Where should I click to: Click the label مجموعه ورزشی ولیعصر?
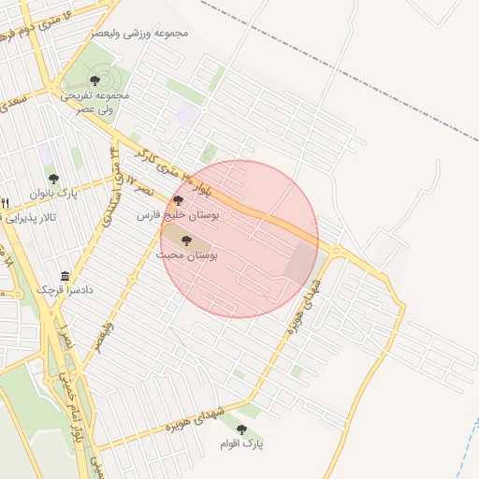140,34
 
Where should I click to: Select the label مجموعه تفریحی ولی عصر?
95,102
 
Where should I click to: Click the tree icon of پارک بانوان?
52,178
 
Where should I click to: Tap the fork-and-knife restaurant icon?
5,203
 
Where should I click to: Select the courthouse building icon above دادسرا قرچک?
65,276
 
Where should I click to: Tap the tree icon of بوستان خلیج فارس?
178,200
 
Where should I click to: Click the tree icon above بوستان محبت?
186,240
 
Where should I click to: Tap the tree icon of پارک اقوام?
242,428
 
